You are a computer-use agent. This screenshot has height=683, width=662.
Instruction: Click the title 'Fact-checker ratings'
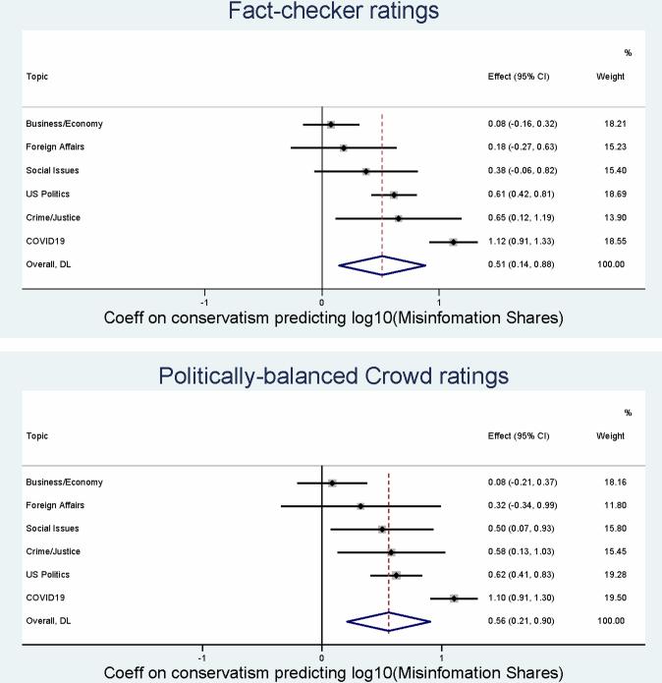(331, 13)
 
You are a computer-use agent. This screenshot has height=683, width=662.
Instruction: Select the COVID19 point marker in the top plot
(454, 241)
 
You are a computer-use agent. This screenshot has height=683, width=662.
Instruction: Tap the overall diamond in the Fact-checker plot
(382, 264)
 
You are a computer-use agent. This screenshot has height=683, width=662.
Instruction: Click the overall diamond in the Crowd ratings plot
(389, 621)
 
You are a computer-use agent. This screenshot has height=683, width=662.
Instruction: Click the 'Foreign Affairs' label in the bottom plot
(55, 505)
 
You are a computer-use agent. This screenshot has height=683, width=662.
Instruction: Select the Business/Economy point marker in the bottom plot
(332, 483)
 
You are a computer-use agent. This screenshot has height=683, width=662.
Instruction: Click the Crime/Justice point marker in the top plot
(399, 217)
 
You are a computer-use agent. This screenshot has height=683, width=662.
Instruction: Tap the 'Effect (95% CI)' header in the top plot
(520, 76)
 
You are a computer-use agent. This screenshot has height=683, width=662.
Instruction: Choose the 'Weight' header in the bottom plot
(610, 435)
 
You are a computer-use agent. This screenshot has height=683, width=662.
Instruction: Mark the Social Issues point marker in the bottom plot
(382, 529)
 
